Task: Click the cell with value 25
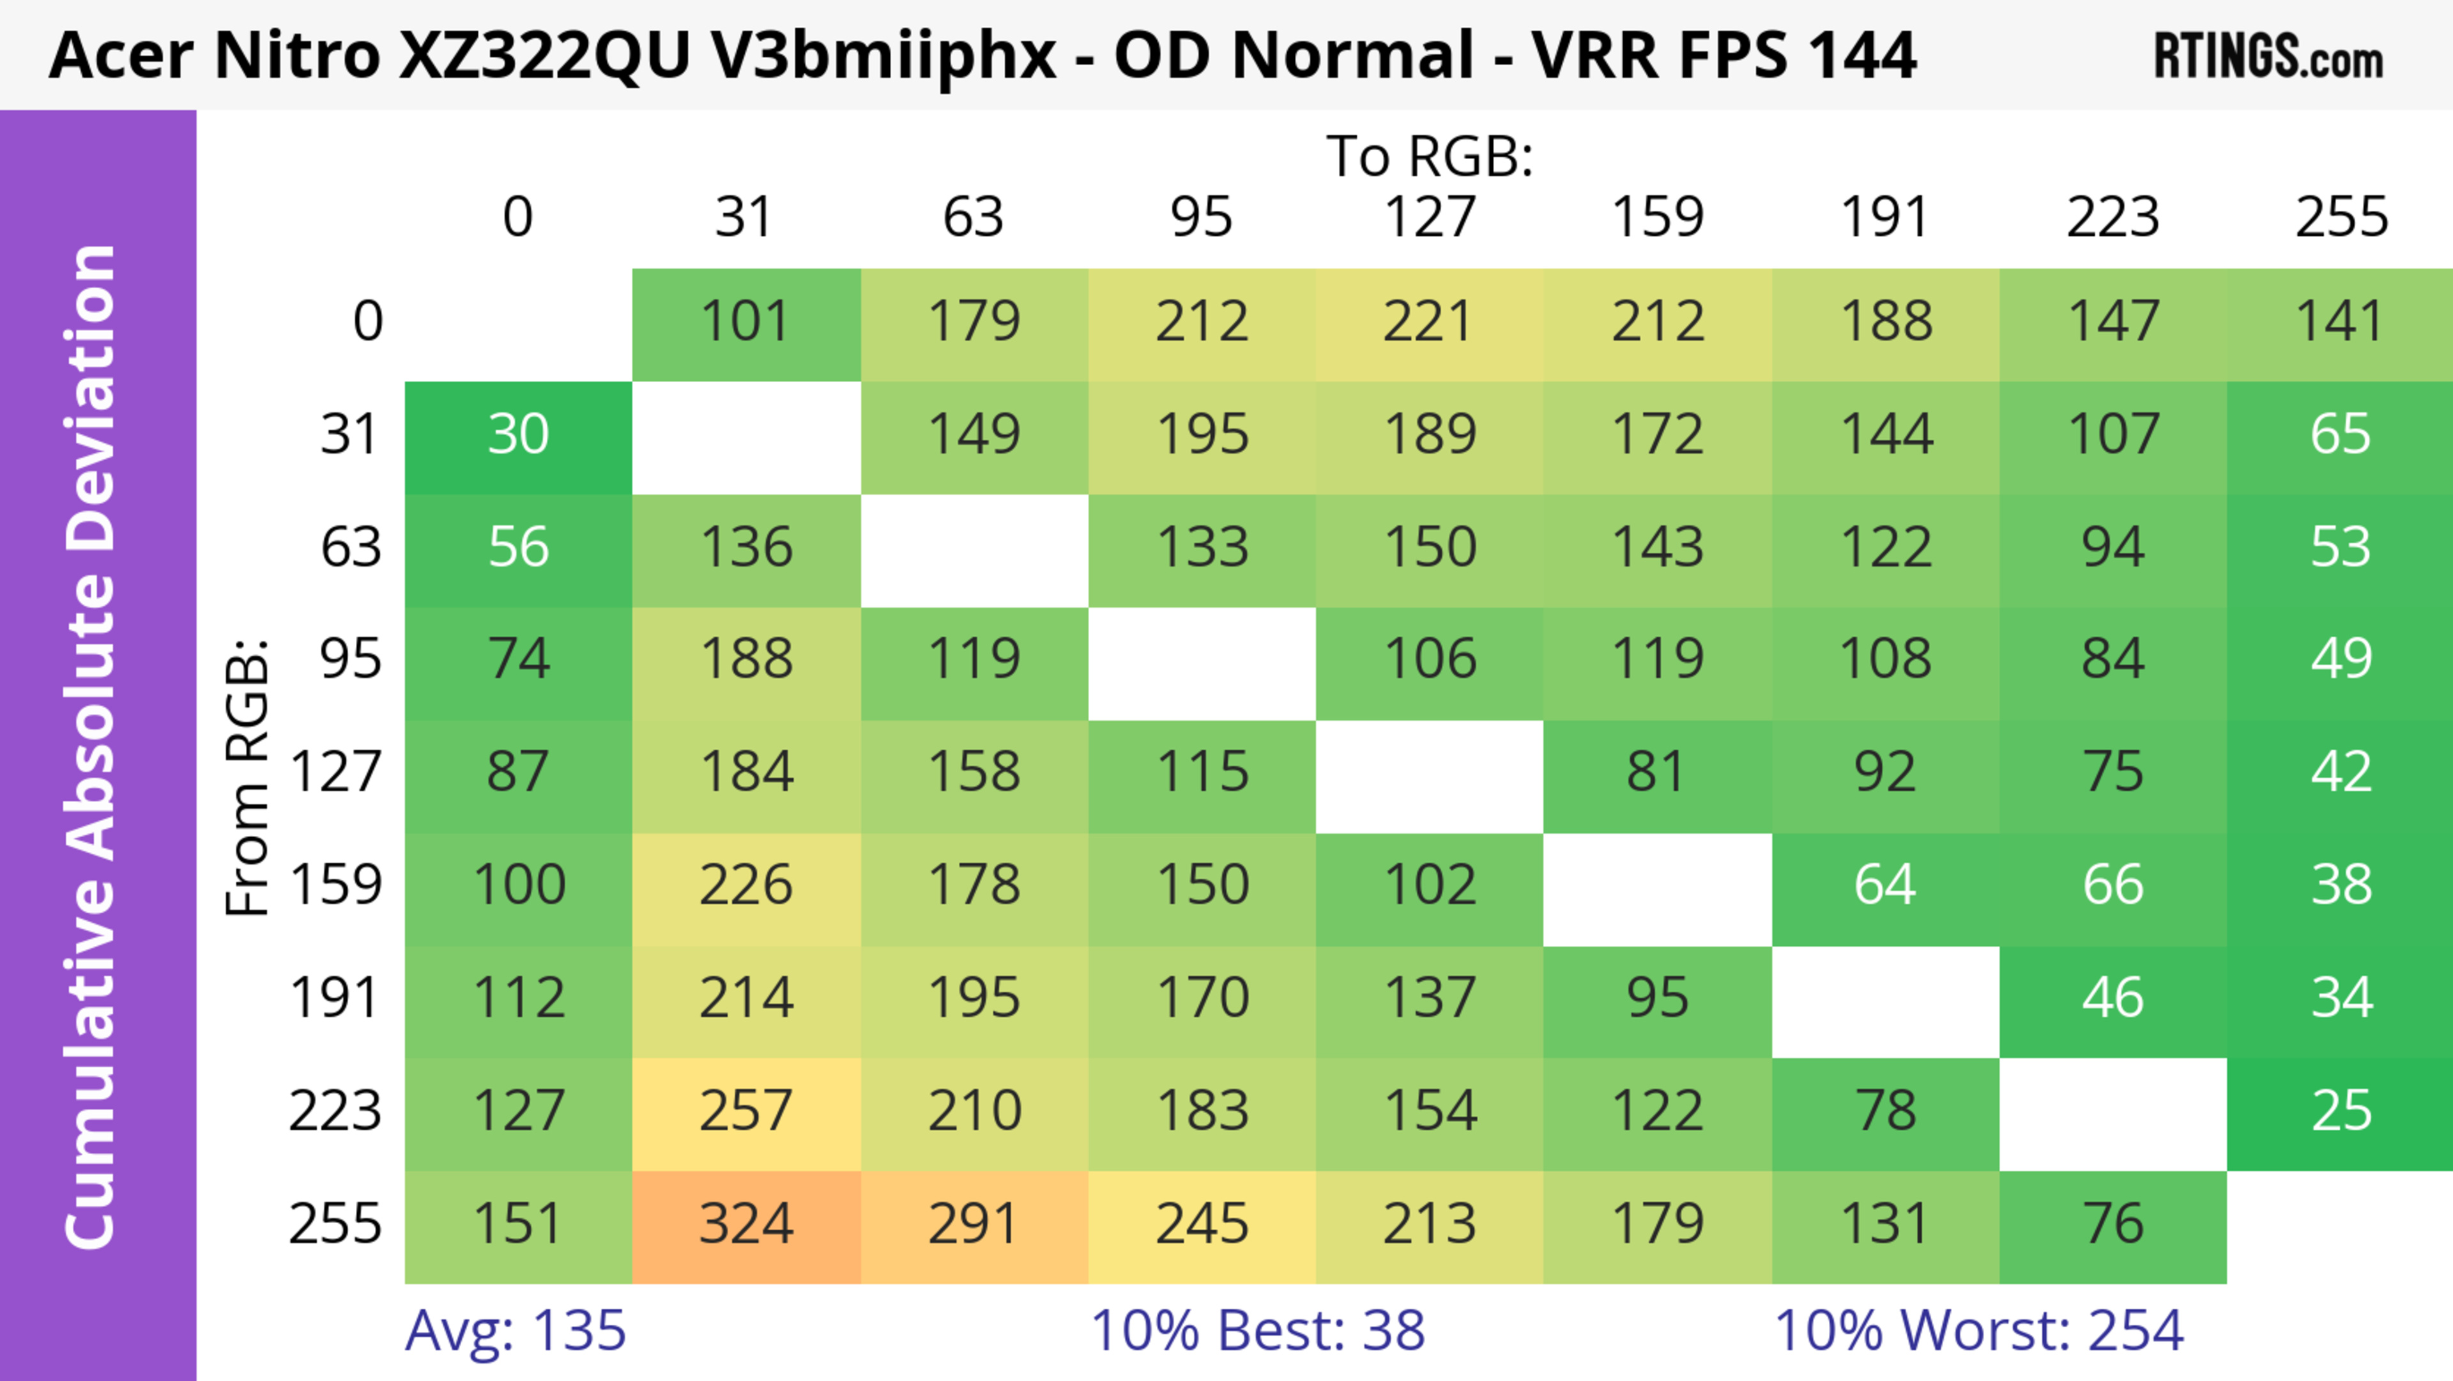(2341, 1111)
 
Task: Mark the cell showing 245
(1202, 1225)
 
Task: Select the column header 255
(2341, 217)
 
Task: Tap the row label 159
(335, 886)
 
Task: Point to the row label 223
(335, 1111)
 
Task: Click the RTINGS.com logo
(2268, 57)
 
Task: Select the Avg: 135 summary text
(515, 1331)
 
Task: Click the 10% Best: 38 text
(1257, 1331)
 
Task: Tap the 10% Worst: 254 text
(1979, 1331)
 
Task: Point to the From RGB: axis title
(248, 777)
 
